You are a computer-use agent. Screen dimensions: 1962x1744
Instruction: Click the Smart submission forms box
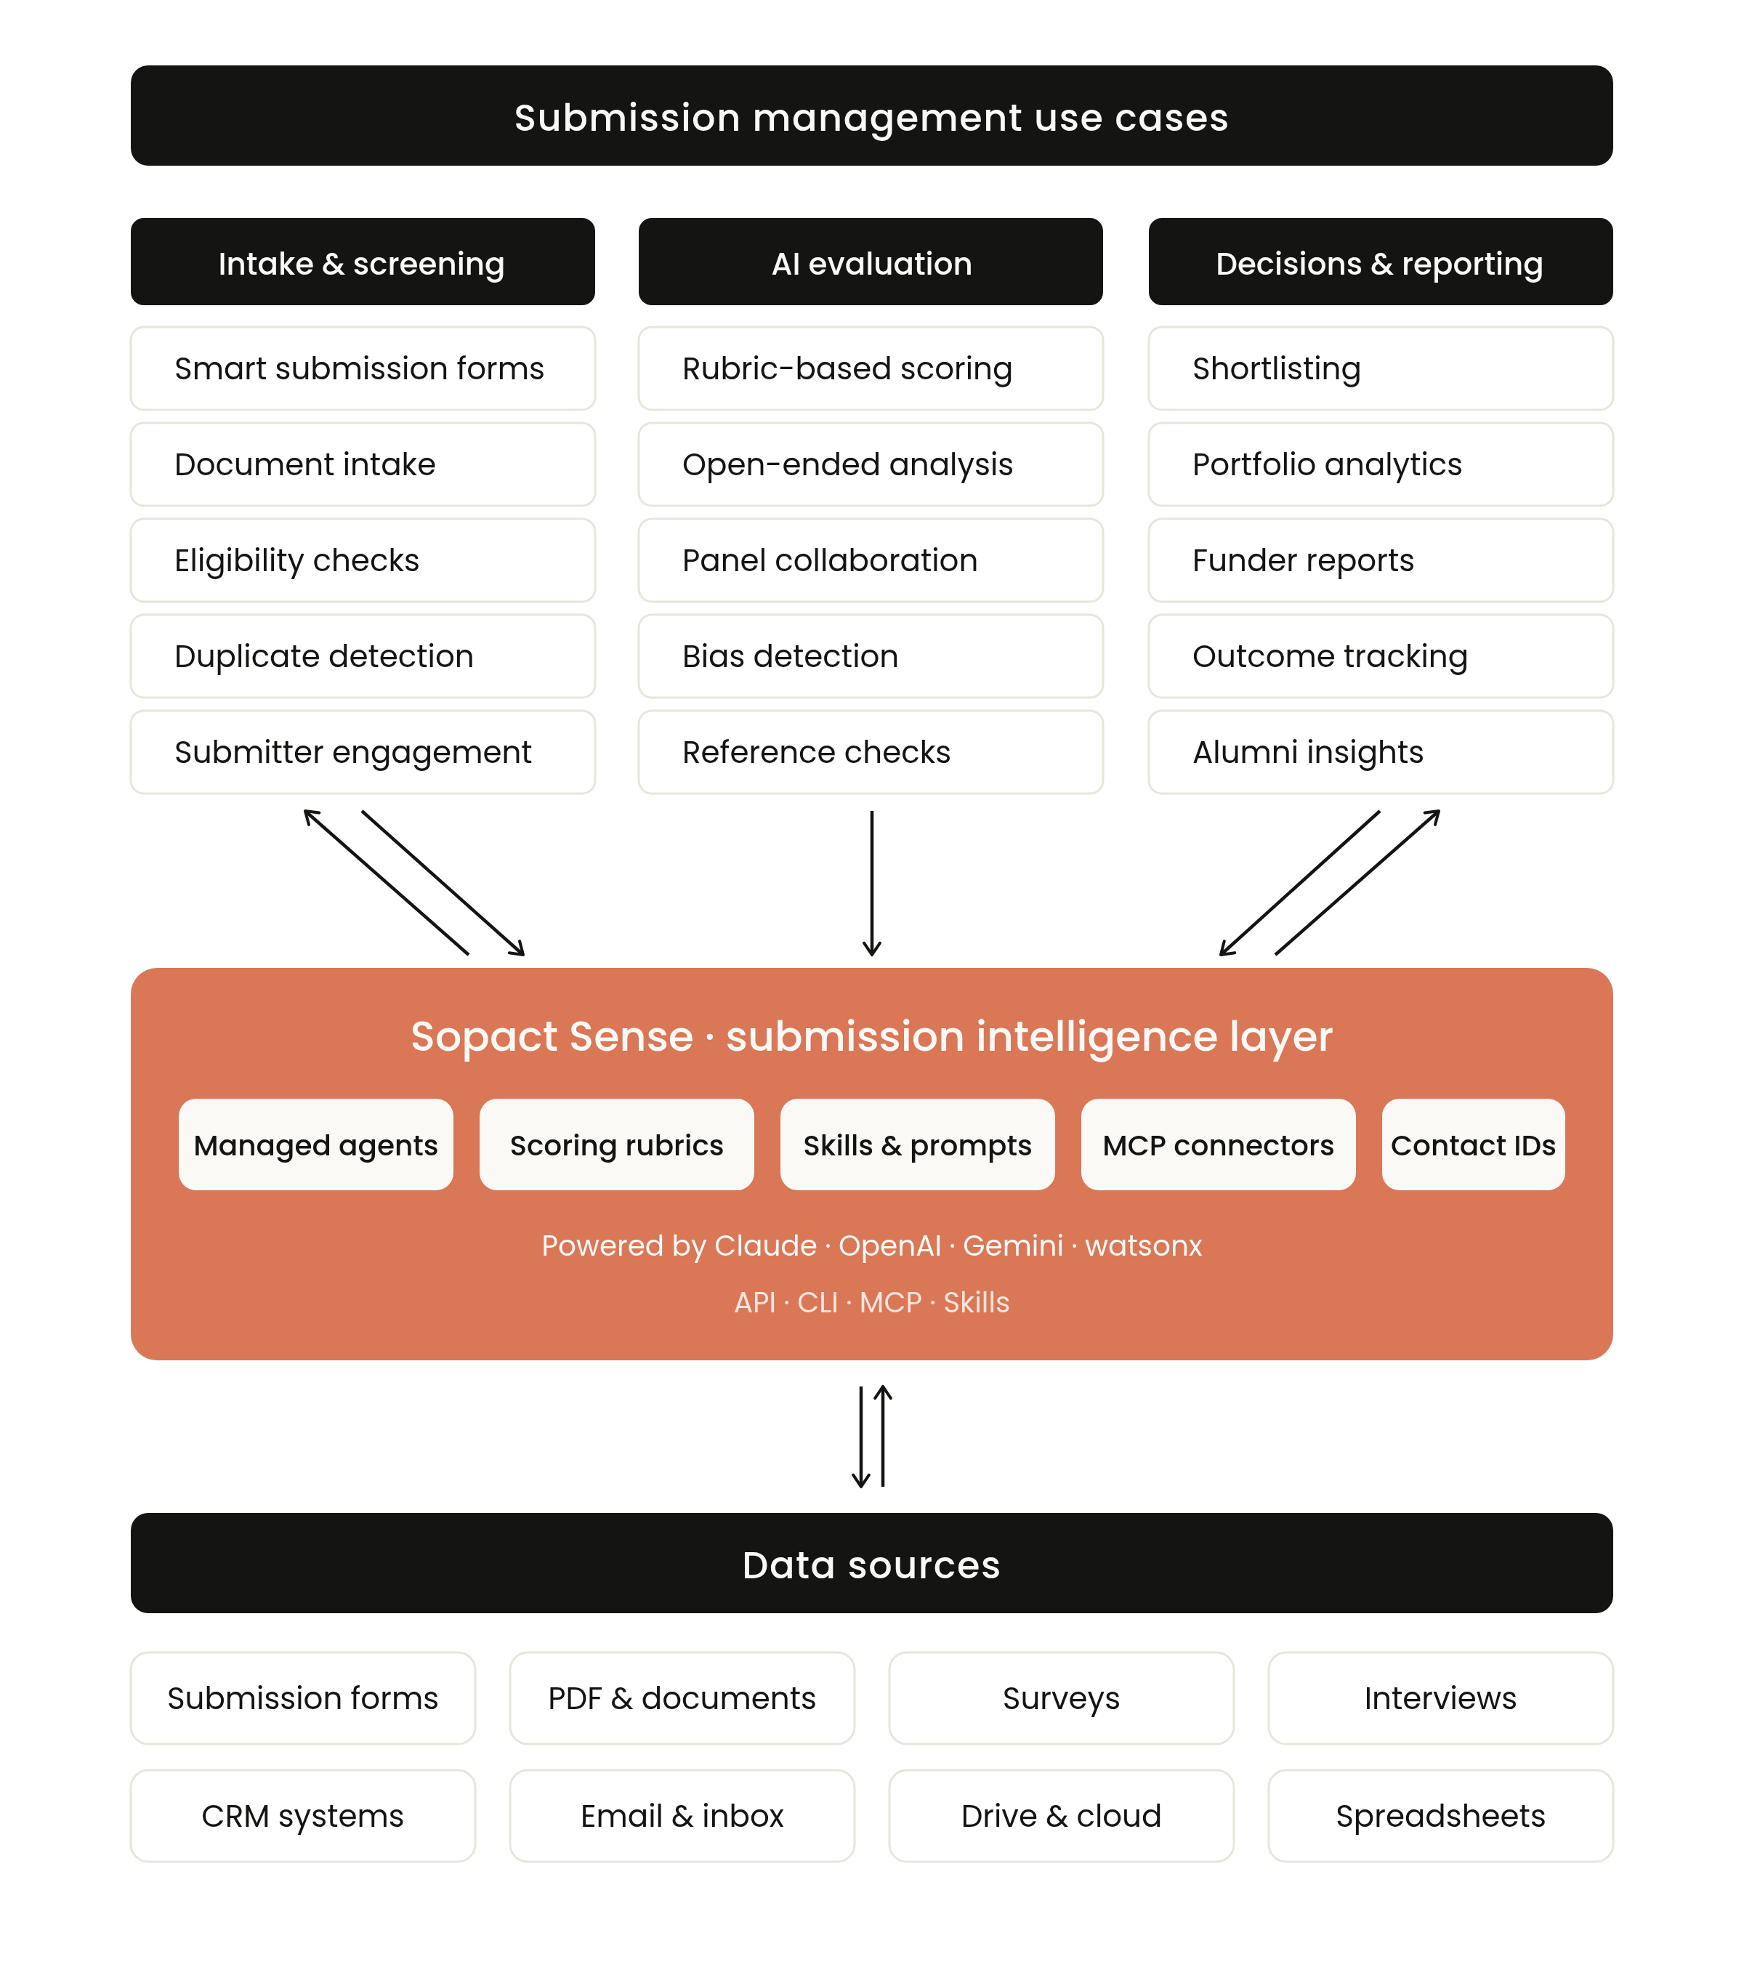pyautogui.click(x=362, y=368)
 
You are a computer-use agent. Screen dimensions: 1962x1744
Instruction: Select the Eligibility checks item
pyautogui.click(x=362, y=560)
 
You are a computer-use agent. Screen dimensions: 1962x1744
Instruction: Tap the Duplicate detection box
pyautogui.click(x=362, y=657)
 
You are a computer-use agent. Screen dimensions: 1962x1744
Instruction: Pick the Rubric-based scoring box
pyautogui.click(x=871, y=368)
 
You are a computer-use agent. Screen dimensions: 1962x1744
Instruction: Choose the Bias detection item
pyautogui.click(x=871, y=657)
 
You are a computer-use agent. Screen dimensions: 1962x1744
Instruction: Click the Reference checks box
pyautogui.click(x=871, y=753)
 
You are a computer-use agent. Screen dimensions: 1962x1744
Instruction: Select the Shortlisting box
pyautogui.click(x=1380, y=368)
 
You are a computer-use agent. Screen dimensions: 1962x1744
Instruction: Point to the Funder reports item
pyautogui.click(x=1380, y=560)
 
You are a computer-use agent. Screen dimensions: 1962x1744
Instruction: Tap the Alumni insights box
pyautogui.click(x=1380, y=753)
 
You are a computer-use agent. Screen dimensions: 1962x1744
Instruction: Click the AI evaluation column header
pyautogui.click(x=871, y=263)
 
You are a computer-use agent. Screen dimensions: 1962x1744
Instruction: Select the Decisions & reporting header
pyautogui.click(x=1380, y=263)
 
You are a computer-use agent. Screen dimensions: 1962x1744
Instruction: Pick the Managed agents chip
pyautogui.click(x=316, y=1145)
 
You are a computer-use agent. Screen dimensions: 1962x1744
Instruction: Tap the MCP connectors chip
pyautogui.click(x=1218, y=1145)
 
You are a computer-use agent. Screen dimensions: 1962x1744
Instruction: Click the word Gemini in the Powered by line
pyautogui.click(x=1013, y=1246)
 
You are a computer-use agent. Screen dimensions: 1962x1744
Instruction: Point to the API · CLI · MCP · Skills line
pyautogui.click(x=871, y=1303)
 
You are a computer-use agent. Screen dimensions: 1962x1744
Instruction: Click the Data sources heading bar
pyautogui.click(x=871, y=1565)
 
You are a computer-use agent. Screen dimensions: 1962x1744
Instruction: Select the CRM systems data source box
pyautogui.click(x=302, y=1816)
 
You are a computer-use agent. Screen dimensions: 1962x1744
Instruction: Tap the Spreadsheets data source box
pyautogui.click(x=1440, y=1816)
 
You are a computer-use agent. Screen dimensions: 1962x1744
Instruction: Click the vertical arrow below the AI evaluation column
pyautogui.click(x=871, y=883)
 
